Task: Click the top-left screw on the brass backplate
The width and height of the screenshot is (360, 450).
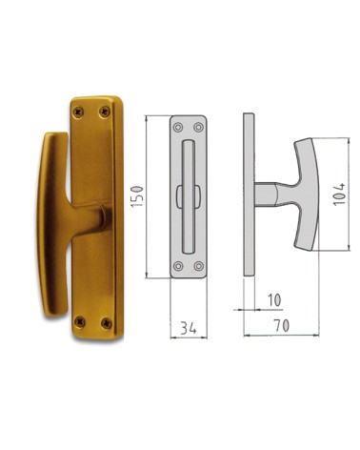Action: point(77,112)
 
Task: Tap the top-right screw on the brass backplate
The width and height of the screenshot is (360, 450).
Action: point(106,109)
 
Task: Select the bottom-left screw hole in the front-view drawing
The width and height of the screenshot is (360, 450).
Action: point(176,266)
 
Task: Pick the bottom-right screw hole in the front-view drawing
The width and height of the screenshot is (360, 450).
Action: point(198,266)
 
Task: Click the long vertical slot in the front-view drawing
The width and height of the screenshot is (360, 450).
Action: point(188,195)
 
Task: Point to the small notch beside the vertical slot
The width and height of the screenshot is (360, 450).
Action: point(180,196)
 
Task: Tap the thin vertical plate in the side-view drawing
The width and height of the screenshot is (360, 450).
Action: point(249,195)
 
